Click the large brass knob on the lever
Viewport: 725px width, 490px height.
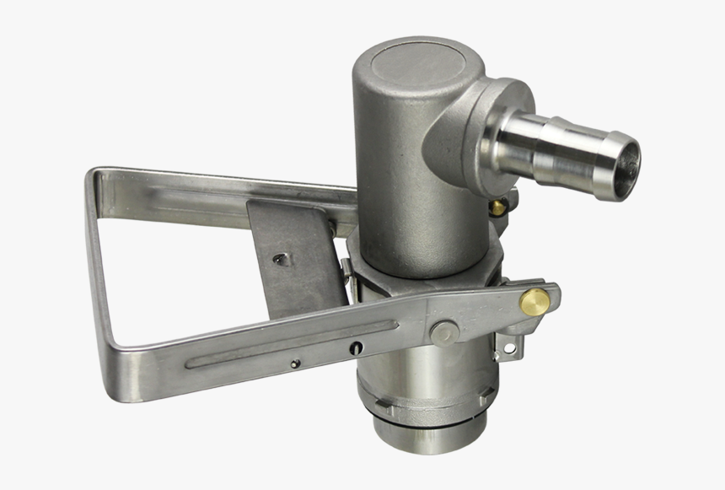click(x=534, y=301)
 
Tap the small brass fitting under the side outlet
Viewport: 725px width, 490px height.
click(x=499, y=206)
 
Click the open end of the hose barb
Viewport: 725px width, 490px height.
click(x=625, y=165)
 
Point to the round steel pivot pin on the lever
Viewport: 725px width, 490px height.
click(x=444, y=331)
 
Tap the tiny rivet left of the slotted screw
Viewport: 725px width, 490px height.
click(x=294, y=363)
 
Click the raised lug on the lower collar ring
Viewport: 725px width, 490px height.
click(x=487, y=390)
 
